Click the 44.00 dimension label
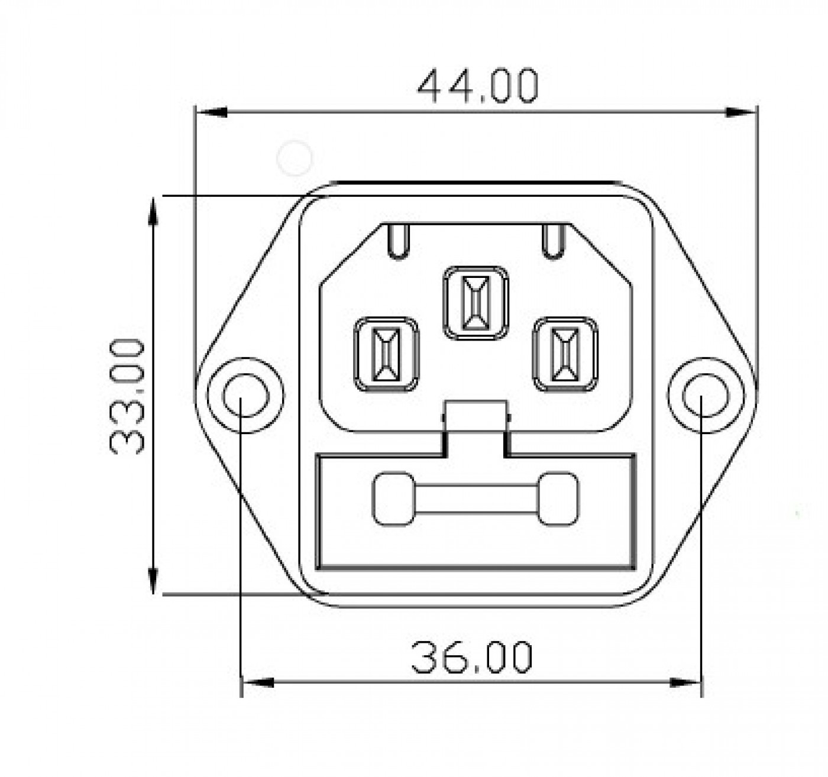(478, 86)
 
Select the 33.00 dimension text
(127, 396)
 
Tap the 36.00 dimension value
(471, 658)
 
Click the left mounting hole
(245, 395)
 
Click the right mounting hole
(706, 395)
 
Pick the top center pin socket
(476, 303)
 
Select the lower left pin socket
(386, 354)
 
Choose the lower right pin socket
(565, 354)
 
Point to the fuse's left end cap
(393, 498)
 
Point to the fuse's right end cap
(558, 498)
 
